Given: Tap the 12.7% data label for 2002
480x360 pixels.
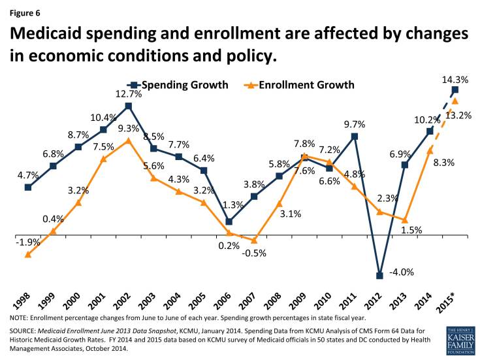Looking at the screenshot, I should [128, 94].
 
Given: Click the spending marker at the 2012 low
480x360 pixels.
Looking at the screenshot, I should [379, 275].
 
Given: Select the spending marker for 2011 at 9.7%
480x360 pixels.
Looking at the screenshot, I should [355, 137].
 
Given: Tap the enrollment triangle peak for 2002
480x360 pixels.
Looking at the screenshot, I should [128, 140].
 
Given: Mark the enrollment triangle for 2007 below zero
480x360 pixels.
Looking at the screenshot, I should [254, 240].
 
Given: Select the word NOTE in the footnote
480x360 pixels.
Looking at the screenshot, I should [20, 318].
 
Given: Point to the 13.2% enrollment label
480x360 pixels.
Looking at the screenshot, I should [458, 115].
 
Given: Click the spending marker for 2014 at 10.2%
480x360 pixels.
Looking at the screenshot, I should [430, 131].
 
